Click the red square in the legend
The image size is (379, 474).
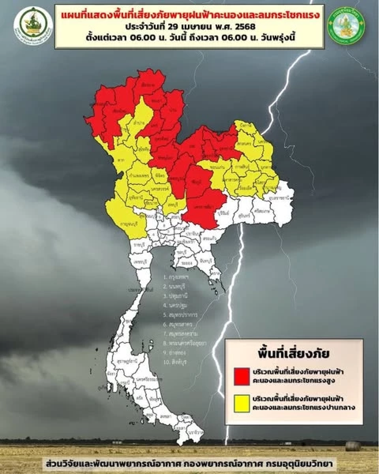coord(242,376)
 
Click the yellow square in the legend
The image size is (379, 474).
coord(242,403)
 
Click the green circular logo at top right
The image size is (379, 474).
coord(348,24)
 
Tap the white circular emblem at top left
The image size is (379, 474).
coord(33,24)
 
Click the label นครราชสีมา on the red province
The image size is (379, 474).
coord(201,208)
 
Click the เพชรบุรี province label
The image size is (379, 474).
coord(138,262)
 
